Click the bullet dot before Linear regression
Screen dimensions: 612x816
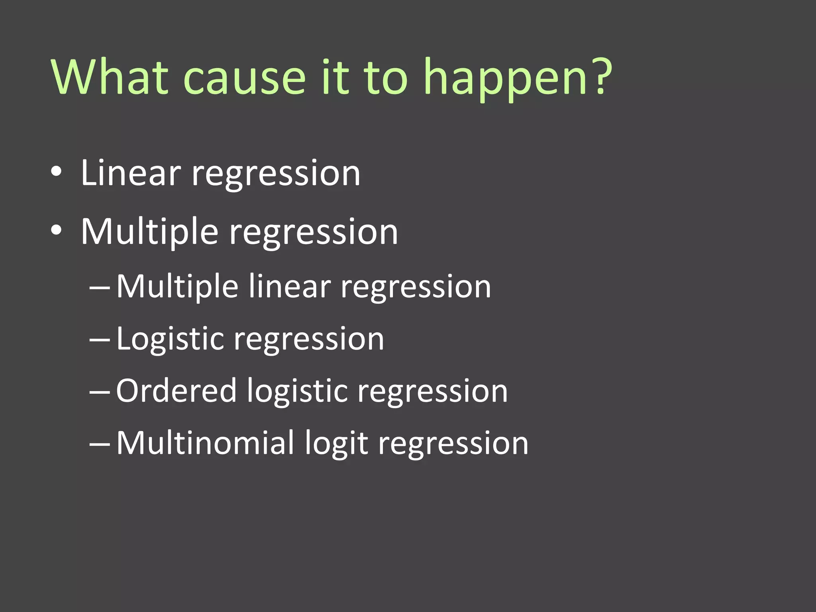coord(56,172)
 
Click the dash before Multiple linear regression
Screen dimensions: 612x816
coord(100,287)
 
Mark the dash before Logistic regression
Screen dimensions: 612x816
coord(100,339)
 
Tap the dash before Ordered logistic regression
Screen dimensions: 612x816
coord(100,392)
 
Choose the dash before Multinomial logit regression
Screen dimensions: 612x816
coord(100,443)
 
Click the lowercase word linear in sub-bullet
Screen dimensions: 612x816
coord(290,286)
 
